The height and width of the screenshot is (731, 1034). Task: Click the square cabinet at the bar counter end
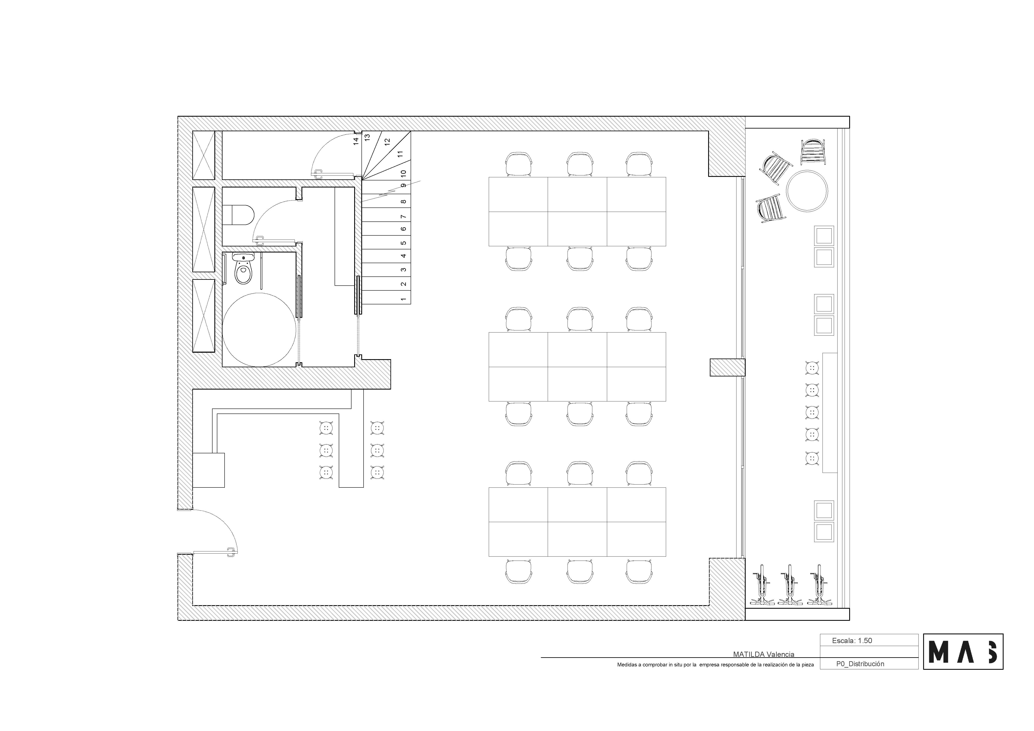tap(209, 470)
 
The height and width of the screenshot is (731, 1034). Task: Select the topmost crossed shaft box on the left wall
tap(204, 155)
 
